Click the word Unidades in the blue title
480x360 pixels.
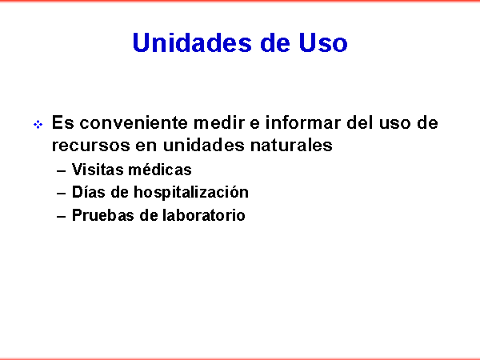(x=192, y=42)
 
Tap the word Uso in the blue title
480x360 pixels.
(x=323, y=42)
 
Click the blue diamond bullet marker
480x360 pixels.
(x=38, y=125)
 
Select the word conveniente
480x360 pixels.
(x=134, y=122)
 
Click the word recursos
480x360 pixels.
(x=91, y=145)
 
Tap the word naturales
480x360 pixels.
(x=291, y=145)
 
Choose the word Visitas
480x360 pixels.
(x=98, y=170)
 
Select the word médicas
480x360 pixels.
(x=160, y=170)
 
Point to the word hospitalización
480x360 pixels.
(x=191, y=193)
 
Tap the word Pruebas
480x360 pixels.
(x=103, y=215)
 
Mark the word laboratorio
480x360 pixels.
(x=203, y=215)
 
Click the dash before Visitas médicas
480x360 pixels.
(x=62, y=171)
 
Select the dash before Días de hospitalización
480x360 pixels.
(x=62, y=194)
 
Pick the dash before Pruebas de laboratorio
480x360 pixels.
(x=62, y=217)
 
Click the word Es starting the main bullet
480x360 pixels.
(x=62, y=122)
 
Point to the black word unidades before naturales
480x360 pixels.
(x=203, y=145)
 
